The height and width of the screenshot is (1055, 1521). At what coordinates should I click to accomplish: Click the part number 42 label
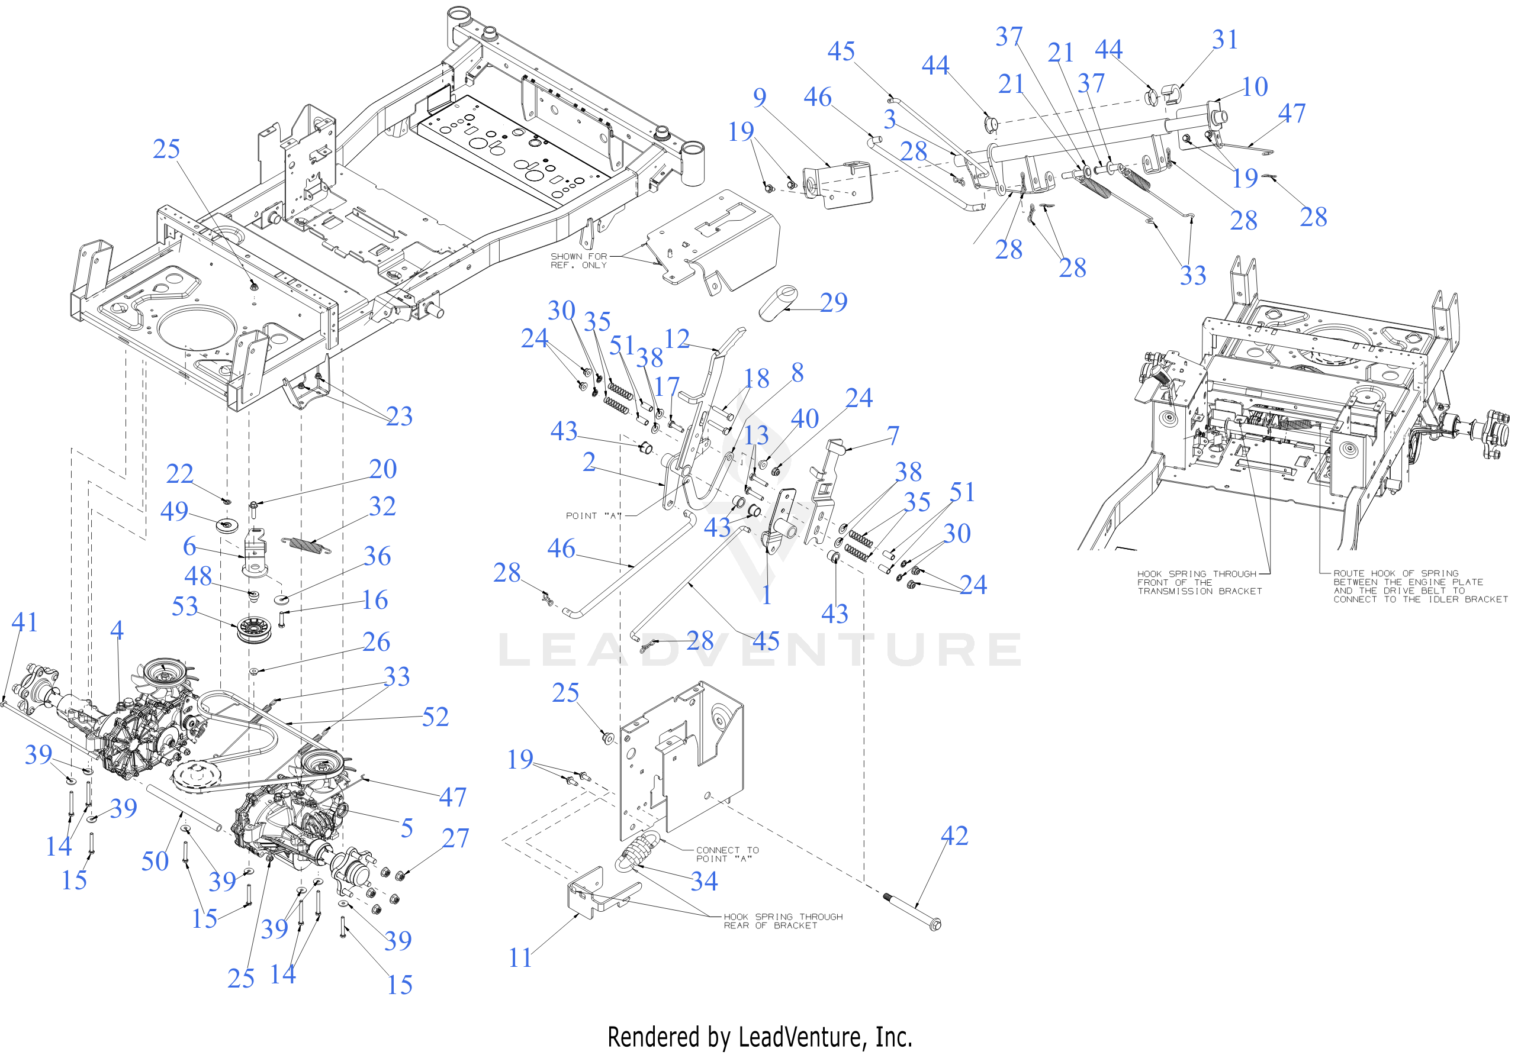pos(954,835)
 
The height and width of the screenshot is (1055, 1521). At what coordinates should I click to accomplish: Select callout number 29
pos(833,302)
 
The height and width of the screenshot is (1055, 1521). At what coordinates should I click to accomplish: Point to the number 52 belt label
pos(435,717)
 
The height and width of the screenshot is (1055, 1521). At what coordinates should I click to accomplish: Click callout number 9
pos(759,97)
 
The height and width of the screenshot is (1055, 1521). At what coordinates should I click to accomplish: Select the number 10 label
pos(1255,86)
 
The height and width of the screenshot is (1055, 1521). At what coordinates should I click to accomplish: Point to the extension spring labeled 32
pos(305,545)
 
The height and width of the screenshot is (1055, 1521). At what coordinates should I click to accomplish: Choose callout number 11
pos(520,957)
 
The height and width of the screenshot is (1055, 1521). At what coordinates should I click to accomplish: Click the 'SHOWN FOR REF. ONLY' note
pos(578,260)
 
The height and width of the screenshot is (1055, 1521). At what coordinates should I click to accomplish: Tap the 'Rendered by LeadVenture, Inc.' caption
pos(759,1037)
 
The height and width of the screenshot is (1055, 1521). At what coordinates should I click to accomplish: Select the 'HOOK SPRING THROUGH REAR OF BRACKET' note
pos(782,921)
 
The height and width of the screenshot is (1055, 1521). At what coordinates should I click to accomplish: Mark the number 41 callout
pos(24,622)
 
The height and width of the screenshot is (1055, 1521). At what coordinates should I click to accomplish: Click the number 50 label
pos(155,861)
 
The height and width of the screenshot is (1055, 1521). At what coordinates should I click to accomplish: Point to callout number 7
pos(893,435)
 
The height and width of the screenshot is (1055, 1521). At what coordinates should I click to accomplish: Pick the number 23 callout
pos(399,416)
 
